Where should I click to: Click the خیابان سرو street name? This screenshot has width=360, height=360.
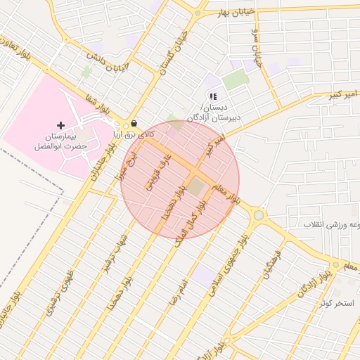coord(257,49)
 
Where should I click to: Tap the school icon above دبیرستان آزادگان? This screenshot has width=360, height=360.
coord(213,96)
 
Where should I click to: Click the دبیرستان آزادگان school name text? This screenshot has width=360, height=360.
coord(214,112)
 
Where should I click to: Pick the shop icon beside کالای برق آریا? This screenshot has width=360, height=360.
coord(134,121)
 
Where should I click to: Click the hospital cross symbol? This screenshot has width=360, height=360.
coord(60,125)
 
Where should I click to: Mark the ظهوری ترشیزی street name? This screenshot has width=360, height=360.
coord(59,291)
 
